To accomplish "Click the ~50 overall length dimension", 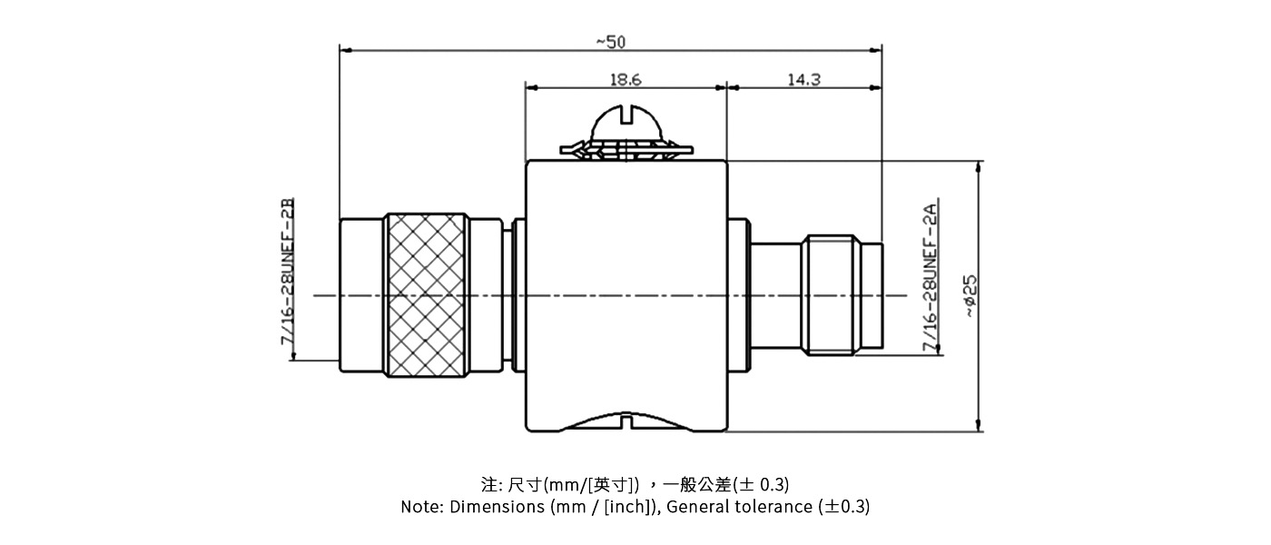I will pyautogui.click(x=610, y=41).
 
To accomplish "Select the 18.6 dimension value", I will pyautogui.click(x=625, y=80).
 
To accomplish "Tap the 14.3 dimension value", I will pyautogui.click(x=803, y=80).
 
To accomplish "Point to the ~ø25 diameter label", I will pyautogui.click(x=970, y=295).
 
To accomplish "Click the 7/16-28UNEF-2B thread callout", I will pyautogui.click(x=288, y=271).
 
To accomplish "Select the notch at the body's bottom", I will pyautogui.click(x=626, y=421).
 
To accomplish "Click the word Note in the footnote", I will pyautogui.click(x=421, y=507).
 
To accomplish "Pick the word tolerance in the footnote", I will pyautogui.click(x=768, y=507).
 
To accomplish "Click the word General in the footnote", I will pyautogui.click(x=695, y=507).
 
